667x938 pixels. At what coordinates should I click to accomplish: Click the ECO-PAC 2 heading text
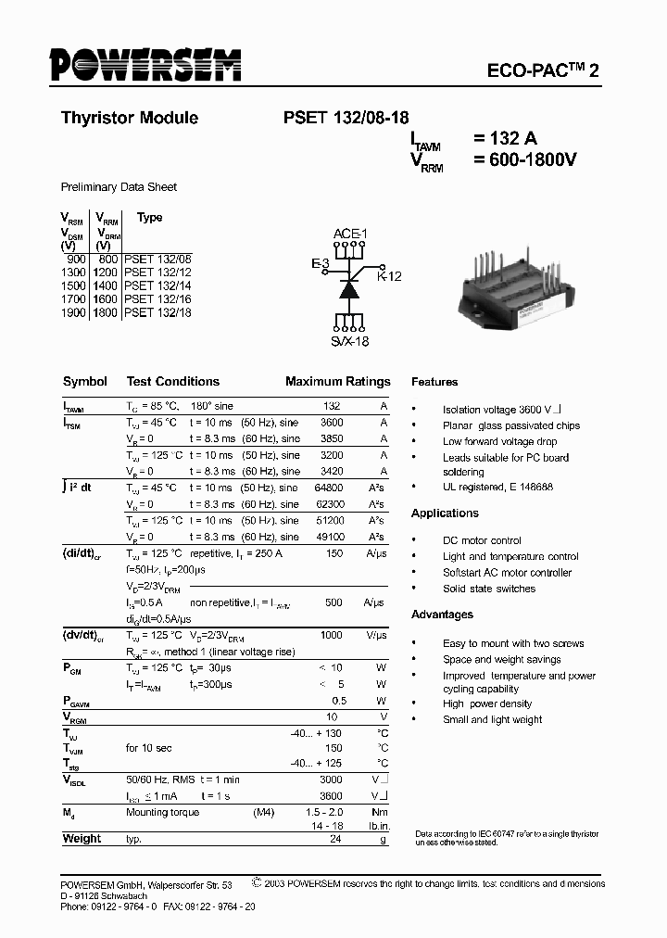(x=543, y=71)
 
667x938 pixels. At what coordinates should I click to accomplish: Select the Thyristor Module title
(x=129, y=118)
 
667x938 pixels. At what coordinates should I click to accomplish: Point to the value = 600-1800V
(x=525, y=159)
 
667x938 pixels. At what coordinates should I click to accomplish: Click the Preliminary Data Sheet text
(x=119, y=187)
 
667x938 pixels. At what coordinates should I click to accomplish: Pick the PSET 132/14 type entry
(x=157, y=288)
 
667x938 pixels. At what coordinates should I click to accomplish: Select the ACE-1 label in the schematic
(x=350, y=234)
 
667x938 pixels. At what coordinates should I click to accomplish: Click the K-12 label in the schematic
(x=389, y=276)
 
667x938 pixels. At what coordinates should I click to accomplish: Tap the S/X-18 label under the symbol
(x=350, y=342)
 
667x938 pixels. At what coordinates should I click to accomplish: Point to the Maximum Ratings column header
(x=337, y=381)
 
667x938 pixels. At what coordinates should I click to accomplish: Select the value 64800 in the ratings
(x=330, y=488)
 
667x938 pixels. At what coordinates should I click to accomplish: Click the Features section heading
(x=434, y=382)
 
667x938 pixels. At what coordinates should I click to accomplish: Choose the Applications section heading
(x=445, y=513)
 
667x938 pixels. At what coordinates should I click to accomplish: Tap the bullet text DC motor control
(x=482, y=540)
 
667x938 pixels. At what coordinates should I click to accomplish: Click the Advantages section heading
(x=442, y=615)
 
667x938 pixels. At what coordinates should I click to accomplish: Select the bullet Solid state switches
(x=489, y=589)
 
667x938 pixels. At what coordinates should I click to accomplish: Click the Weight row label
(x=82, y=839)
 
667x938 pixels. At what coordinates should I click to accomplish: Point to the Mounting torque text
(x=162, y=813)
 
